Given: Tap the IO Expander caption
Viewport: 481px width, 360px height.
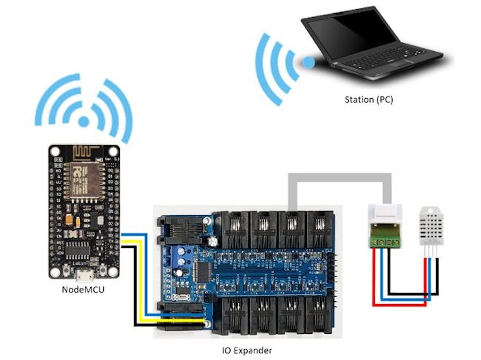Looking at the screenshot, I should tap(245, 350).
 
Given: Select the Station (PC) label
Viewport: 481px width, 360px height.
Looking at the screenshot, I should tap(369, 99).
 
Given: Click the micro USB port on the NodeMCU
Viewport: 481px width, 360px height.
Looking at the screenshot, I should tap(83, 276).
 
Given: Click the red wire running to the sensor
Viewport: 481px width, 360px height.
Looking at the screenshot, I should tap(398, 304).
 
